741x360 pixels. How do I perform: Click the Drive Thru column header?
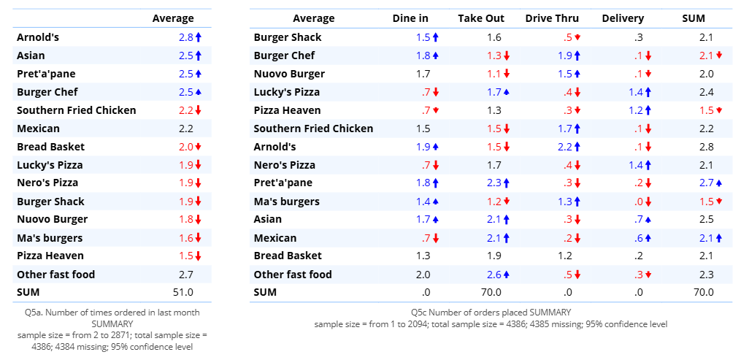551,18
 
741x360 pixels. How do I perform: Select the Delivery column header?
623,18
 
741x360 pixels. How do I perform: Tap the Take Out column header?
481,18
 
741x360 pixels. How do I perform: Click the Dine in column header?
410,18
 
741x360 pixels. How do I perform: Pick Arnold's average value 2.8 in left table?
185,37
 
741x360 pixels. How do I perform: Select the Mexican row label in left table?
38,129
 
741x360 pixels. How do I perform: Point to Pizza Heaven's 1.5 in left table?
185,256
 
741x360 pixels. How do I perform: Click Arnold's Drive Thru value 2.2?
565,147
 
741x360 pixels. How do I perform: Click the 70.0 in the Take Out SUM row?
491,292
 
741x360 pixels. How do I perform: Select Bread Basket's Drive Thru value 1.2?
565,256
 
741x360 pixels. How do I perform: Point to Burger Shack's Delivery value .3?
639,37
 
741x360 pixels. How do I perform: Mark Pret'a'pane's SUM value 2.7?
707,183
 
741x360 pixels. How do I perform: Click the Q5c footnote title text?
491,313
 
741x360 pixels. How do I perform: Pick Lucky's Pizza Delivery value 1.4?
635,92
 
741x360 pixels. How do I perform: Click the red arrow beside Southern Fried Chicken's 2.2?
198,110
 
